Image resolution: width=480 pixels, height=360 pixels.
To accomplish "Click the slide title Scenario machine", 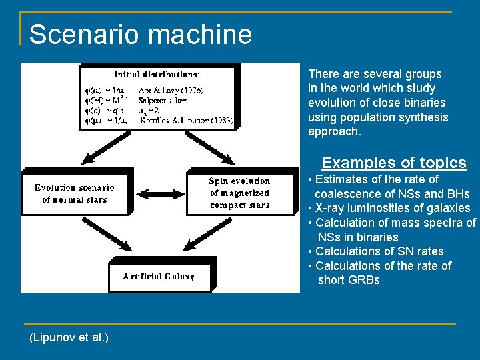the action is (140, 35).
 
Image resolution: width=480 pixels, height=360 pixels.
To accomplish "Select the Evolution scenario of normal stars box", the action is (75, 193).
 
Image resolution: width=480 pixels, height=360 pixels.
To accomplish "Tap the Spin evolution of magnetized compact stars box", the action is (239, 193).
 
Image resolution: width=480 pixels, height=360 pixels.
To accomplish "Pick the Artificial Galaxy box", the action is (159, 276).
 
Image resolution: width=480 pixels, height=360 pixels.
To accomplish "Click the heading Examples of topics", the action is (394, 163).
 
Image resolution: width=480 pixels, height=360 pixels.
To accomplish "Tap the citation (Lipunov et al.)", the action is (69, 337).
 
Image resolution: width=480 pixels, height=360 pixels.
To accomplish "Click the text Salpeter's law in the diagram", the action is (163, 101).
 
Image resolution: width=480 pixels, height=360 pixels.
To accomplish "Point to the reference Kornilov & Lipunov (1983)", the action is (186, 121).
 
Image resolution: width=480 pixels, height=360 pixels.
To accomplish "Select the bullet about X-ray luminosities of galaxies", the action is (392, 208).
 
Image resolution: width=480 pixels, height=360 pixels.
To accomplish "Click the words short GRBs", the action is (349, 280).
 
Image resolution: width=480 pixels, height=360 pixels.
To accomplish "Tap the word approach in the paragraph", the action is (334, 132).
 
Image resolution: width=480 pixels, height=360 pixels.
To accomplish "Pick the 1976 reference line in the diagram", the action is (170, 90).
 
